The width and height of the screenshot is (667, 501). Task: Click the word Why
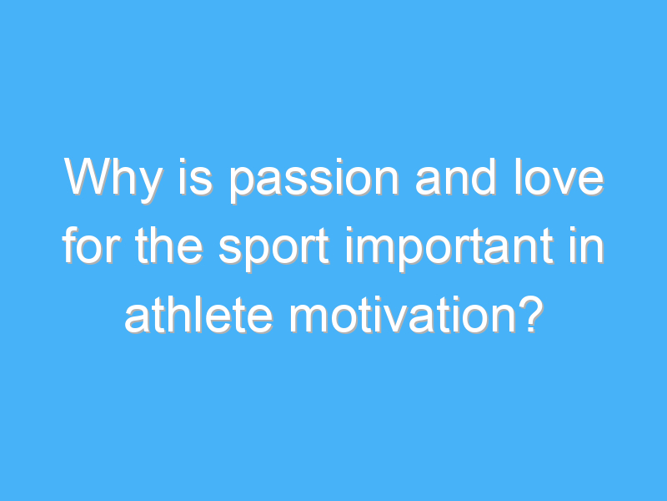pyautogui.click(x=113, y=180)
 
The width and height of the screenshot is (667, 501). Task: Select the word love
pyautogui.click(x=559, y=177)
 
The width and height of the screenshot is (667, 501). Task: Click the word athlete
pyautogui.click(x=198, y=315)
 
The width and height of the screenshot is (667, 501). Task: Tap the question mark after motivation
pyautogui.click(x=531, y=314)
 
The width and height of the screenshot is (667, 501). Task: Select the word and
pyautogui.click(x=455, y=177)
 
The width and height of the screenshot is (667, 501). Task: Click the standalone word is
pyautogui.click(x=195, y=177)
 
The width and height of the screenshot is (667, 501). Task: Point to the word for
pyautogui.click(x=90, y=245)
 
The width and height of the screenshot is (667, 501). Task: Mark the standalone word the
pyautogui.click(x=168, y=245)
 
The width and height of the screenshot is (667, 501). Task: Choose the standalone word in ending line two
pyautogui.click(x=587, y=245)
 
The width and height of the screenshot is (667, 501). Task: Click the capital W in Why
pyautogui.click(x=88, y=177)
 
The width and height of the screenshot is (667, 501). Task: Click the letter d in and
pyautogui.click(x=484, y=177)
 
